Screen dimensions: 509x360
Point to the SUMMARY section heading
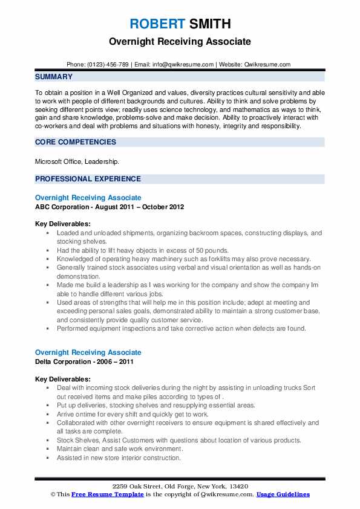pos(54,77)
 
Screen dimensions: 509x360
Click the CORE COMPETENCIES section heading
pos(76,142)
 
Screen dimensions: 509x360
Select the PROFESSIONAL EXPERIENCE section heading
pos(88,179)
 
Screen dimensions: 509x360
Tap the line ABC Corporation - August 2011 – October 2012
pos(110,207)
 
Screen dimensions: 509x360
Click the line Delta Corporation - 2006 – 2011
pos(84,361)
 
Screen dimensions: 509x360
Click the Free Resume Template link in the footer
pos(108,494)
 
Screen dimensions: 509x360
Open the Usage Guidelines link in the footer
pos(283,494)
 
